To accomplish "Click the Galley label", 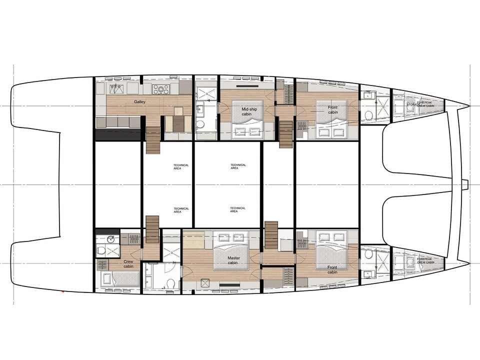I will coord(139,102).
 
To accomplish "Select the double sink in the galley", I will coord(117,88).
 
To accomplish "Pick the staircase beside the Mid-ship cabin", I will coord(285,133).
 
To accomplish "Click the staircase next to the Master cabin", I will coord(270,235).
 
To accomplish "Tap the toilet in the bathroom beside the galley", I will coord(200,124).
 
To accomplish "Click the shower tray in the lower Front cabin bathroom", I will coord(382,260).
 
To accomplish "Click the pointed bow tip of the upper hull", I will coord(468,105).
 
